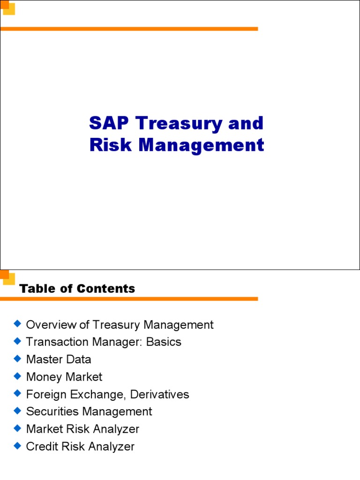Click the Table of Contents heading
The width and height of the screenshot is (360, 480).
[x=77, y=289]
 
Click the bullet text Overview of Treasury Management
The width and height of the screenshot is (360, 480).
[x=120, y=324]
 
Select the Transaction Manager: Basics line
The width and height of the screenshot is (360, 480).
[x=104, y=342]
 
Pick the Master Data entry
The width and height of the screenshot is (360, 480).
[x=59, y=359]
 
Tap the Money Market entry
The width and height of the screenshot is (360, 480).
[x=64, y=376]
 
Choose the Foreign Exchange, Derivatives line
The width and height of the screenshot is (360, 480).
[x=108, y=394]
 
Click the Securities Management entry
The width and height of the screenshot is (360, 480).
[x=89, y=412]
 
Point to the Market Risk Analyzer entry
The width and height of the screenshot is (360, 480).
[x=82, y=429]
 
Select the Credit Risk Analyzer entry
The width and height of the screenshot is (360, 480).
[x=80, y=446]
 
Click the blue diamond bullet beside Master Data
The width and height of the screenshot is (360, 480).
[x=18, y=359]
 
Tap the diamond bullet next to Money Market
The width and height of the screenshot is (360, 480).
[x=18, y=376]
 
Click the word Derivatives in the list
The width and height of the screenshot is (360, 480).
[x=160, y=394]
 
